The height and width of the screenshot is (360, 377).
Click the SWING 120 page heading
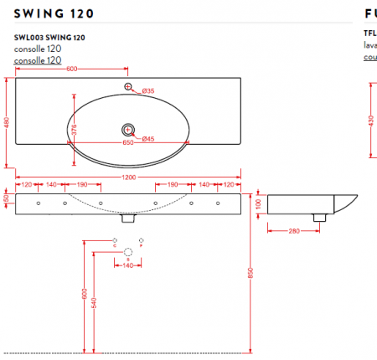(x=54, y=13)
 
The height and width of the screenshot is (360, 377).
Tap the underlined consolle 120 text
(x=38, y=60)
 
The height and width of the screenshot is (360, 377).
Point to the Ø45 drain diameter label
(x=147, y=138)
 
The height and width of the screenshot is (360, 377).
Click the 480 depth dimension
(x=7, y=123)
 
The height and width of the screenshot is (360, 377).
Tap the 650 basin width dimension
(x=128, y=142)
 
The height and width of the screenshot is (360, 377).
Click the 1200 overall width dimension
(x=128, y=177)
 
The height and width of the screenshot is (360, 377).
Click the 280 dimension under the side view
(x=295, y=230)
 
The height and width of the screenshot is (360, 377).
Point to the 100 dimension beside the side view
(x=258, y=203)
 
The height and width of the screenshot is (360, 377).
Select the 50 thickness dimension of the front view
(x=7, y=199)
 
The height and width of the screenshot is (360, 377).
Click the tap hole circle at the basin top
(x=128, y=87)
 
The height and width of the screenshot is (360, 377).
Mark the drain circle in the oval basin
(x=128, y=129)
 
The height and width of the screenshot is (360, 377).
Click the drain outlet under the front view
(x=128, y=219)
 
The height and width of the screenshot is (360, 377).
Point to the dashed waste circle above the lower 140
(x=128, y=252)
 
